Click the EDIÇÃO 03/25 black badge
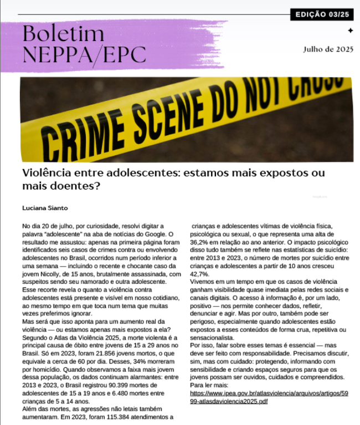click(322, 14)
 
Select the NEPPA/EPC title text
click(84, 54)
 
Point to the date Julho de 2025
click(328, 49)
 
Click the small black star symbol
click(350, 30)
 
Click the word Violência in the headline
click(48, 173)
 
